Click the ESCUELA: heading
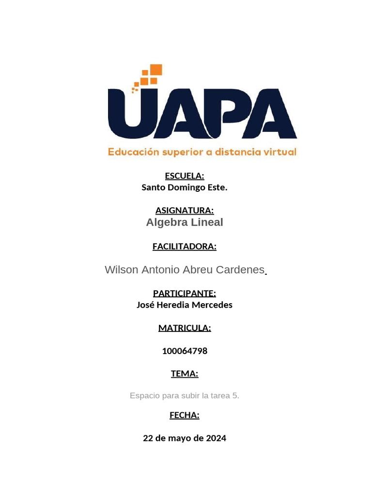click(185, 176)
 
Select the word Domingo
click(184, 187)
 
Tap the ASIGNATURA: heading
click(185, 210)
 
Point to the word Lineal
click(207, 222)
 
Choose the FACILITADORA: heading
click(185, 247)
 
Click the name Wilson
click(121, 270)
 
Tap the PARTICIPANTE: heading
click(185, 294)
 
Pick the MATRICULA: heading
click(185, 328)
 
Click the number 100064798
click(185, 351)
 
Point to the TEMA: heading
click(185, 374)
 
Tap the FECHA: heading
click(185, 415)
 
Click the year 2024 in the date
click(216, 438)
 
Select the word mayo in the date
click(180, 438)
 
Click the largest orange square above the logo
click(156, 70)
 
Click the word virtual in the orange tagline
click(279, 152)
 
